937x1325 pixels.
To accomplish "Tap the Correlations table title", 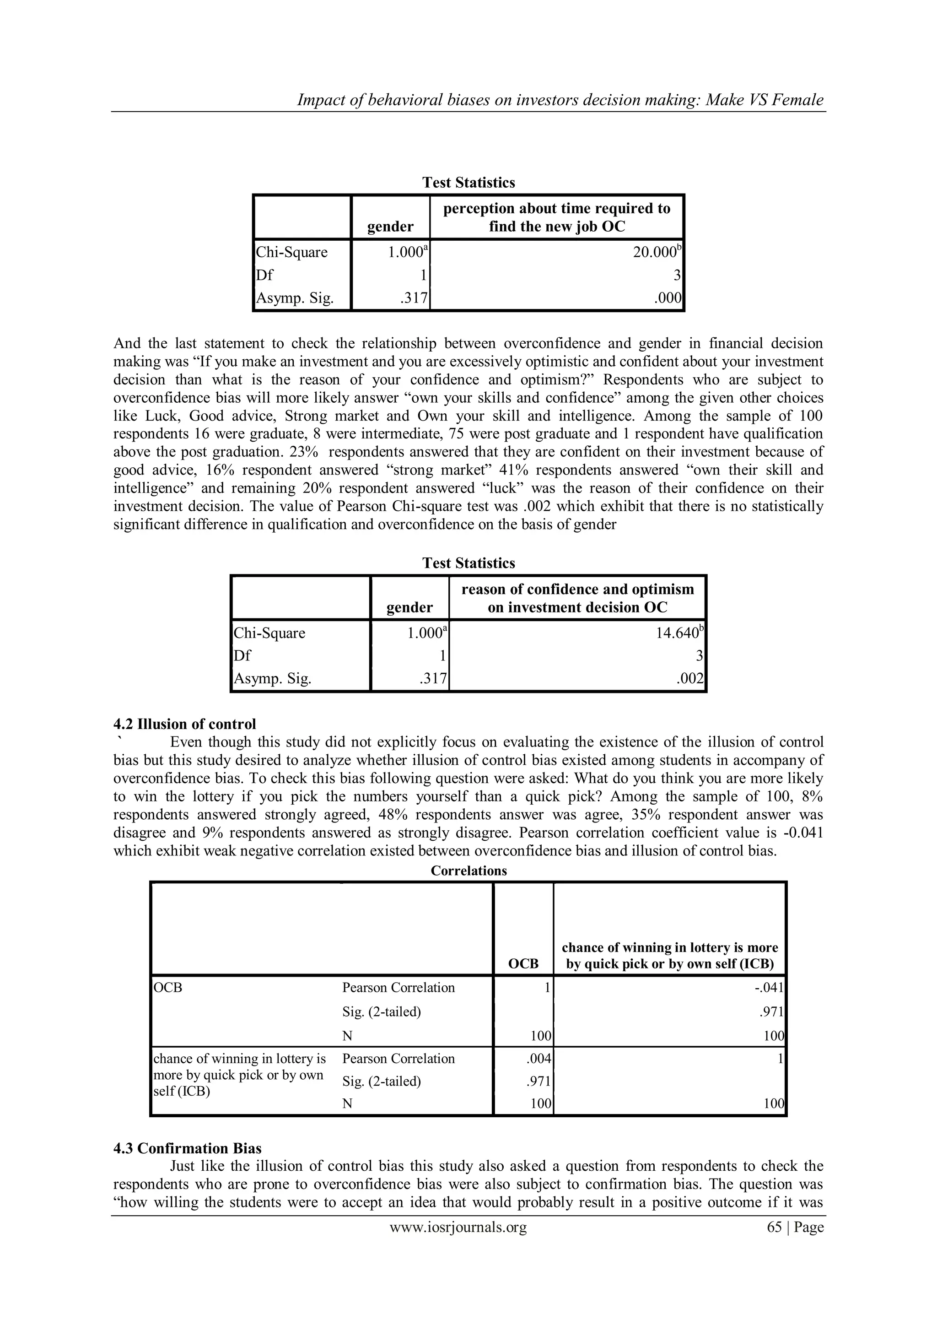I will tap(468, 871).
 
